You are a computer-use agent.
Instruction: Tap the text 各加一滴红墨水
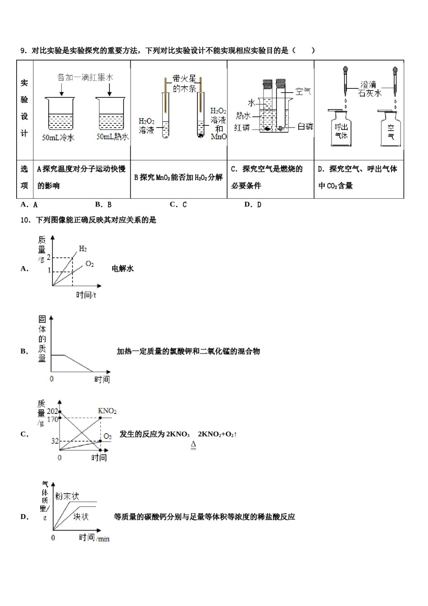pyautogui.click(x=85, y=78)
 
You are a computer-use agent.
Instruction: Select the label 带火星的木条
pyautogui.click(x=185, y=84)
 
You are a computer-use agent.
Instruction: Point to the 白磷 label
pyautogui.click(x=305, y=127)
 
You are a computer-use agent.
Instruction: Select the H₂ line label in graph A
pyautogui.click(x=83, y=248)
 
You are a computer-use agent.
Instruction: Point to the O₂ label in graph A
pyautogui.click(x=90, y=264)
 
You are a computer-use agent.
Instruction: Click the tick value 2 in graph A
pyautogui.click(x=49, y=257)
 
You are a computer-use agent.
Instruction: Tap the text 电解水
pyautogui.click(x=123, y=269)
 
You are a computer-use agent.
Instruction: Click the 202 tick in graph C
pyautogui.click(x=52, y=411)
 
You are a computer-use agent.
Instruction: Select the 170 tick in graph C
pyautogui.click(x=52, y=419)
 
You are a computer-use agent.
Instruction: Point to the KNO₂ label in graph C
pyautogui.click(x=107, y=411)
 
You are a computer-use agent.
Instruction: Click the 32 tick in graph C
pyautogui.click(x=55, y=441)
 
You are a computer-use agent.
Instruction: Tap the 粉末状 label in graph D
pyautogui.click(x=67, y=496)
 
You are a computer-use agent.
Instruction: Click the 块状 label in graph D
pyautogui.click(x=81, y=517)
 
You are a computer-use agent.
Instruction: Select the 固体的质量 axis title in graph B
pyautogui.click(x=42, y=339)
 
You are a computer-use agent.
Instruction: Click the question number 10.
pyautogui.click(x=25, y=220)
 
